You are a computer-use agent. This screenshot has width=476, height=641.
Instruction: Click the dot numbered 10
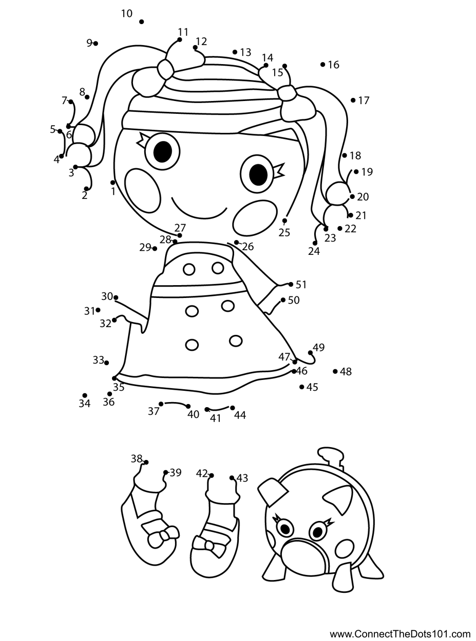pyautogui.click(x=141, y=22)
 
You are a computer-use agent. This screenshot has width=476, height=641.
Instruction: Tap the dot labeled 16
pyautogui.click(x=322, y=64)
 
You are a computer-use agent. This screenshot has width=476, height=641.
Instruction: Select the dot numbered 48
pyautogui.click(x=335, y=371)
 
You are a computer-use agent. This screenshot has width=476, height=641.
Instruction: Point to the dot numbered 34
pyautogui.click(x=85, y=395)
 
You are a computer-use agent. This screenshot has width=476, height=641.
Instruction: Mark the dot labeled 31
pyautogui.click(x=98, y=310)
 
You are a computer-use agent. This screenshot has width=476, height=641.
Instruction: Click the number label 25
pyautogui.click(x=284, y=233)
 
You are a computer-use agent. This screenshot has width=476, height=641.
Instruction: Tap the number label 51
pyautogui.click(x=301, y=285)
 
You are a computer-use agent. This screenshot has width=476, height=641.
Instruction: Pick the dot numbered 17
pyautogui.click(x=353, y=100)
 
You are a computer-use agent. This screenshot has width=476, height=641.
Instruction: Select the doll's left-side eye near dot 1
pyautogui.click(x=162, y=150)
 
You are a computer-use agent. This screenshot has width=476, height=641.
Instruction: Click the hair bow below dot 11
pyautogui.click(x=165, y=69)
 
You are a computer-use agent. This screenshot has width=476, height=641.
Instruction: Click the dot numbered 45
pyautogui.click(x=302, y=387)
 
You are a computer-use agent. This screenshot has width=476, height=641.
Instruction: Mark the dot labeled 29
pyautogui.click(x=155, y=249)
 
